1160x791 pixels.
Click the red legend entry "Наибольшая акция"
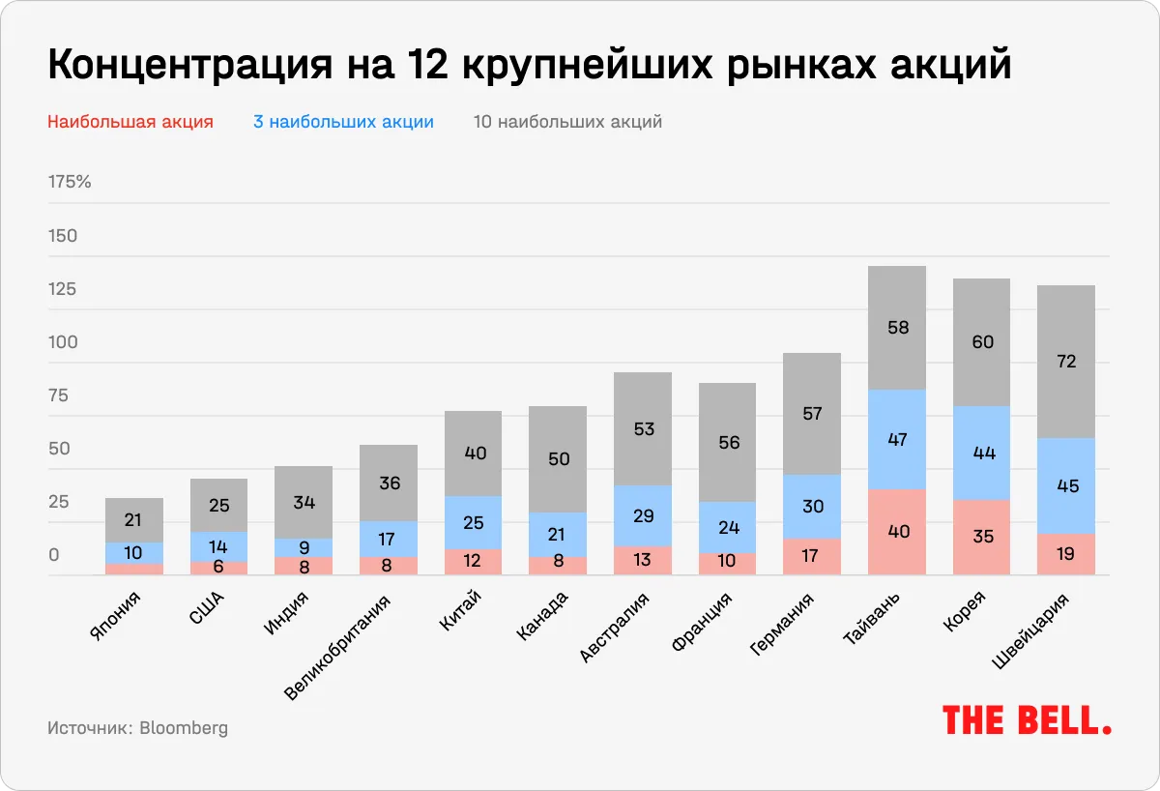(130, 122)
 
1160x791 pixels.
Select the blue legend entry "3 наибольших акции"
(343, 122)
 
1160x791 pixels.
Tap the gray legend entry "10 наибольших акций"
(567, 122)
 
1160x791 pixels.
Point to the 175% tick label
(70, 182)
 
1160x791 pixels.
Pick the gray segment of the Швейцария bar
(1066, 362)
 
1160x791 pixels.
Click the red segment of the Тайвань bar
(897, 532)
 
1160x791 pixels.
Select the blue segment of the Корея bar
(982, 453)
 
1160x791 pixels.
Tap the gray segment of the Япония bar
(134, 520)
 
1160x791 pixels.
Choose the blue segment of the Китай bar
(473, 523)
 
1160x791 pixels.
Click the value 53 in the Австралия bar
(643, 428)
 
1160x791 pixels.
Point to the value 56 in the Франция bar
(727, 442)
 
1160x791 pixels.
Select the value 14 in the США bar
(218, 546)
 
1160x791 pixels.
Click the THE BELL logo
(1026, 720)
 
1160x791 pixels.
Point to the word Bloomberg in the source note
(184, 728)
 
